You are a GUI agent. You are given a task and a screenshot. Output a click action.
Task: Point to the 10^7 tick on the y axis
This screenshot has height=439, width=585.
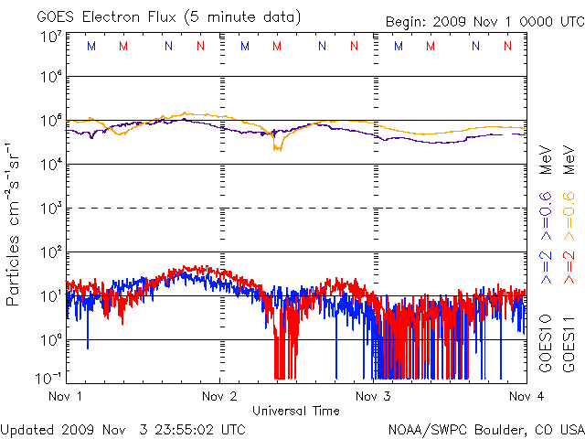[x=49, y=37]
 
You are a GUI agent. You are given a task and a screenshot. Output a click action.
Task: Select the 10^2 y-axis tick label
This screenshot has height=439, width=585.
[x=49, y=252]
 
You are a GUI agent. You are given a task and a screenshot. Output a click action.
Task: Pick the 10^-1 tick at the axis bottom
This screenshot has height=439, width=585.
[x=48, y=377]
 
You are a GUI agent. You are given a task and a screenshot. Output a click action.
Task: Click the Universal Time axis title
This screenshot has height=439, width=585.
[x=296, y=411]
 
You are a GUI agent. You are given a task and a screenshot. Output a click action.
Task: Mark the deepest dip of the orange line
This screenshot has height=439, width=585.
[x=278, y=148]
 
